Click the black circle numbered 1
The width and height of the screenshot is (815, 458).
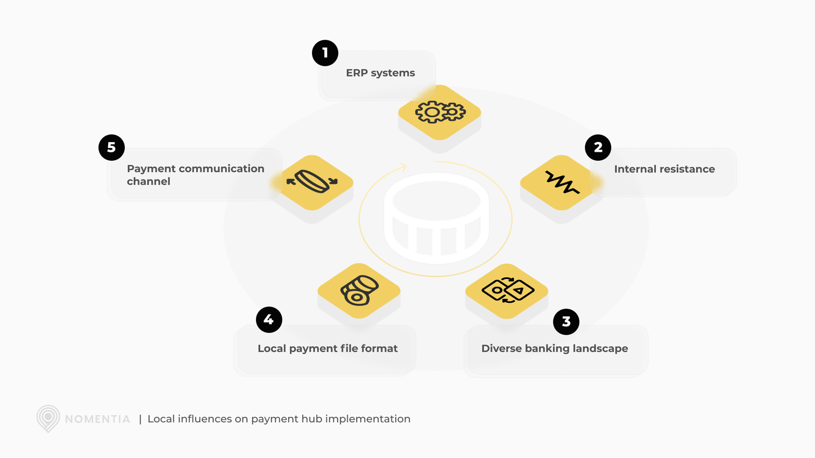[x=325, y=53]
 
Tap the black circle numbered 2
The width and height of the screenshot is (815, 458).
[x=598, y=148]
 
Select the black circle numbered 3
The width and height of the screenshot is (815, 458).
[x=566, y=322]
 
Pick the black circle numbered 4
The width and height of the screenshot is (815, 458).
[x=269, y=320]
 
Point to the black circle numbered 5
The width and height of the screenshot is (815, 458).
[x=112, y=148]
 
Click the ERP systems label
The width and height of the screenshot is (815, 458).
[x=380, y=73]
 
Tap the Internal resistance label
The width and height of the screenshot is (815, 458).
[x=664, y=169]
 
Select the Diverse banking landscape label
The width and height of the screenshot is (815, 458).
[x=554, y=348]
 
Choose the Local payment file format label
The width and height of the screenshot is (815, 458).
[x=327, y=348]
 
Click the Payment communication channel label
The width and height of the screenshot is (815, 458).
[x=196, y=175]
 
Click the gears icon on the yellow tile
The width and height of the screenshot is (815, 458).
[x=440, y=112]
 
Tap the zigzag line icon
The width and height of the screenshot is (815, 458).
[x=562, y=183]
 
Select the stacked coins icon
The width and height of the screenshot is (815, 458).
[x=359, y=290]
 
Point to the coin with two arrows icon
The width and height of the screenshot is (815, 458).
[x=312, y=182]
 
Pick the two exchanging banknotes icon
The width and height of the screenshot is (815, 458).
[x=507, y=290]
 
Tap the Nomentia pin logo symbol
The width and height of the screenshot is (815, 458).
[x=48, y=418]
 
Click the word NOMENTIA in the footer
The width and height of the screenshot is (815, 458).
[x=97, y=419]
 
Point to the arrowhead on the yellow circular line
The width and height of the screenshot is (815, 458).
[x=403, y=167]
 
